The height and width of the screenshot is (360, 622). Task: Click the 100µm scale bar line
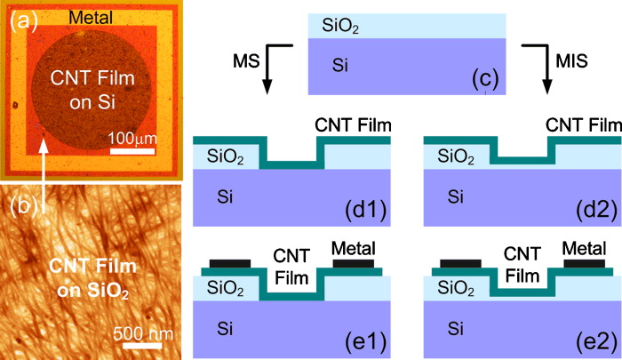coord(136,154)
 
